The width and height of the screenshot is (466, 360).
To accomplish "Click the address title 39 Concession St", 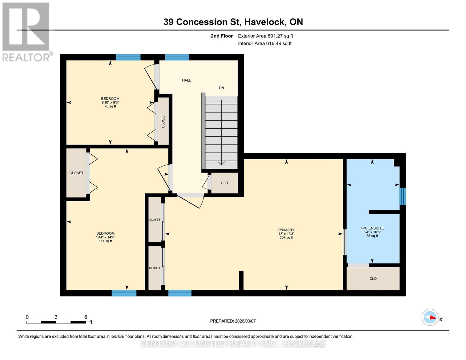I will (233, 22).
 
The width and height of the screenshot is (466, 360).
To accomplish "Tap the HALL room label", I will (186, 80).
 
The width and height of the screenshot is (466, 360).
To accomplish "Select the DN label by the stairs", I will (221, 88).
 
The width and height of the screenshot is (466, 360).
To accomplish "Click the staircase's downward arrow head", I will (221, 163).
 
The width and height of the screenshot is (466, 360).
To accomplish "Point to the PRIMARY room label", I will (286, 230).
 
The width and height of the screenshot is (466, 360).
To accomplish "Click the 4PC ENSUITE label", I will (372, 228).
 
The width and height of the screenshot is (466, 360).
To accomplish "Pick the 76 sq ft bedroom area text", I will (110, 106).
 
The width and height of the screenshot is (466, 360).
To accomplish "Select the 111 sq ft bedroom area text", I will (105, 241).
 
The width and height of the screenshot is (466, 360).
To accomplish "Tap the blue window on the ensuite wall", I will (403, 196).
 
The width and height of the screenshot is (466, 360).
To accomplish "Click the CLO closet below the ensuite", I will (373, 279).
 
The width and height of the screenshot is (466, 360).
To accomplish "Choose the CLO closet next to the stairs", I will (224, 183).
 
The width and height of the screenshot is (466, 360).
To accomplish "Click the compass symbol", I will (430, 317).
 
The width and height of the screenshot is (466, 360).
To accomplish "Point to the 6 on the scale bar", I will (86, 317).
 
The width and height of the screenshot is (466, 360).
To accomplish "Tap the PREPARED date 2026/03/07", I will (233, 321).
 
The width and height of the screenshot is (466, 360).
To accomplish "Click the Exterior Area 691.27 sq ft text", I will (265, 36).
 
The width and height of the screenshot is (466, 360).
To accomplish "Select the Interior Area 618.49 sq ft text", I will (265, 43).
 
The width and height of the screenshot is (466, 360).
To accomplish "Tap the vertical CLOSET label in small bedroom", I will (163, 121).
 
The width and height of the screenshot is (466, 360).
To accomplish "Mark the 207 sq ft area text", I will (286, 238).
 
